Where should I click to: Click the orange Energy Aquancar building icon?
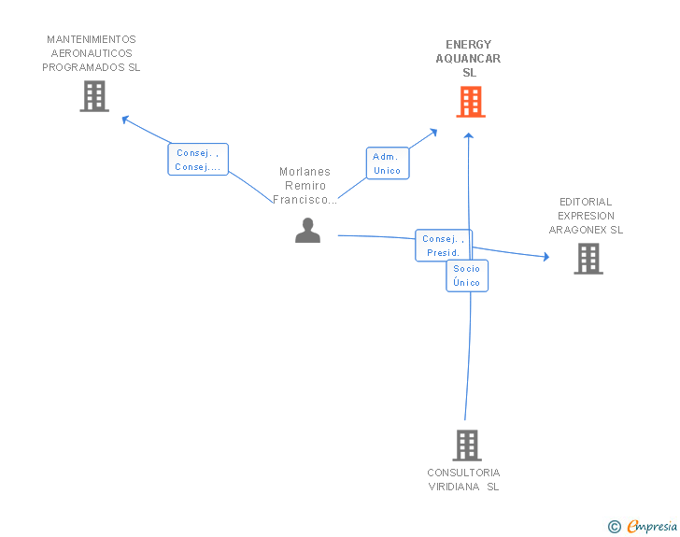click(x=471, y=102)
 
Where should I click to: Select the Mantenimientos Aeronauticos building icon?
click(x=94, y=96)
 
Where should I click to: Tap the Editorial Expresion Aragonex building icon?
click(x=588, y=259)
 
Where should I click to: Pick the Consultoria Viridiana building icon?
click(x=467, y=445)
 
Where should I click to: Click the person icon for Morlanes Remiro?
click(x=307, y=230)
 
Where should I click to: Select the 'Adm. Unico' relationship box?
click(x=387, y=163)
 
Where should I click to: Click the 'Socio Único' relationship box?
click(x=466, y=276)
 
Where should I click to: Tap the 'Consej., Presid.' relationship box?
click(x=443, y=246)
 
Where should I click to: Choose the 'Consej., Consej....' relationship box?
click(x=198, y=160)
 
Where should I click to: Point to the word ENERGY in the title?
click(x=468, y=45)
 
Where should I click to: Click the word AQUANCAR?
click(x=468, y=59)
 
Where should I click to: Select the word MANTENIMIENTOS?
click(x=91, y=39)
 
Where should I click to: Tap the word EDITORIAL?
click(x=586, y=202)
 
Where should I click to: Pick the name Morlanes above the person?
click(x=305, y=172)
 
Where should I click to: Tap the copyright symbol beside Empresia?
click(x=614, y=527)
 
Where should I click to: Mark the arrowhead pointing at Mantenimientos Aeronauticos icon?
click(x=125, y=118)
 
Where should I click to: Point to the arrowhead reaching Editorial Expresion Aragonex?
click(x=545, y=256)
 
